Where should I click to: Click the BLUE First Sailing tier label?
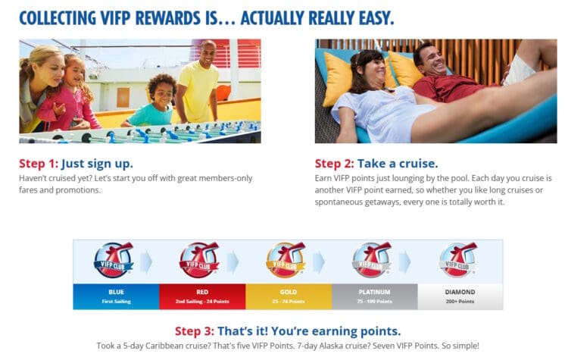click(116, 296)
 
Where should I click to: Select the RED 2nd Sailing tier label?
click(202, 296)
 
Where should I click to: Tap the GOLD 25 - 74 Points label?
click(288, 296)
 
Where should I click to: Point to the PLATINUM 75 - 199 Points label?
click(374, 296)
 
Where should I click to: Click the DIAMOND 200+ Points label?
click(460, 296)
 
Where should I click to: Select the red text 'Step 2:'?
click(334, 164)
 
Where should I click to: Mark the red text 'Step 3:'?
click(194, 331)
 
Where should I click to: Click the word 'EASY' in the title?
click(372, 17)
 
